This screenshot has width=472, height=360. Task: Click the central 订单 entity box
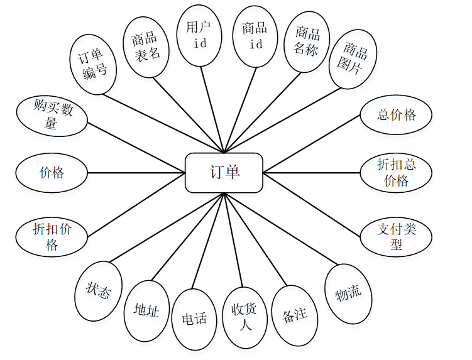pyautogui.click(x=224, y=172)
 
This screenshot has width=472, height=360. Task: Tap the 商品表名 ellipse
pyautogui.click(x=146, y=46)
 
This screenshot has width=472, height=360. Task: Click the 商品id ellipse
pyautogui.click(x=255, y=36)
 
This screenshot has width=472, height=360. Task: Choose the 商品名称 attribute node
pyautogui.click(x=307, y=41)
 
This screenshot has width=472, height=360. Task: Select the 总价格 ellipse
pyautogui.click(x=397, y=115)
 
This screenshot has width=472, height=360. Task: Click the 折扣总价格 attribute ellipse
pyautogui.click(x=397, y=172)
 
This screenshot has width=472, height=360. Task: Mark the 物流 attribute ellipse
pyautogui.click(x=348, y=293)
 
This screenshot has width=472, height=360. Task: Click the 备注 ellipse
pyautogui.click(x=294, y=315)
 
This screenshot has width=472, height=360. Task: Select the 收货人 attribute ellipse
pyautogui.click(x=244, y=317)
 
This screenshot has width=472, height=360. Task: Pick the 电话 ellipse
pyautogui.click(x=194, y=319)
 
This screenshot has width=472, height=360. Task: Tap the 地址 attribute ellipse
pyautogui.click(x=147, y=310)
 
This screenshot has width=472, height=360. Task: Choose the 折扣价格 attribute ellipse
pyautogui.click(x=52, y=236)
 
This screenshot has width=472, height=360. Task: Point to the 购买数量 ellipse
pyautogui.click(x=52, y=116)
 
